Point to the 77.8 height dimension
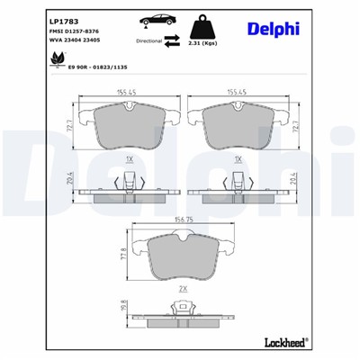[x=123, y=256]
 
